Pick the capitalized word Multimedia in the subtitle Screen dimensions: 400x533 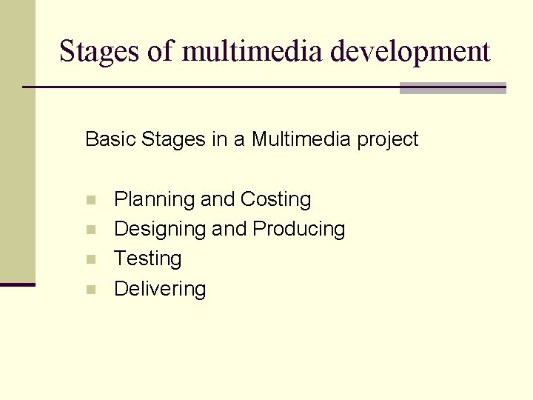coord(301,139)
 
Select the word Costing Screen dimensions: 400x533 coord(275,200)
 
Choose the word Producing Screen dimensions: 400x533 coord(299,230)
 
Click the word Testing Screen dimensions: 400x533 coord(147,259)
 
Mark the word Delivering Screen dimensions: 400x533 coord(160,289)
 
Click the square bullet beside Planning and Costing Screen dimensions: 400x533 coord(90,200)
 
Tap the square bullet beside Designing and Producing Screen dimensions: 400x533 coord(90,230)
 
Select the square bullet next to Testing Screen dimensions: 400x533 coord(90,259)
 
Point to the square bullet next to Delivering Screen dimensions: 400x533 coord(90,290)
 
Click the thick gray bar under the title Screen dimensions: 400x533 coord(452,88)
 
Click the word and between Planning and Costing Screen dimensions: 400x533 coord(218,200)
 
